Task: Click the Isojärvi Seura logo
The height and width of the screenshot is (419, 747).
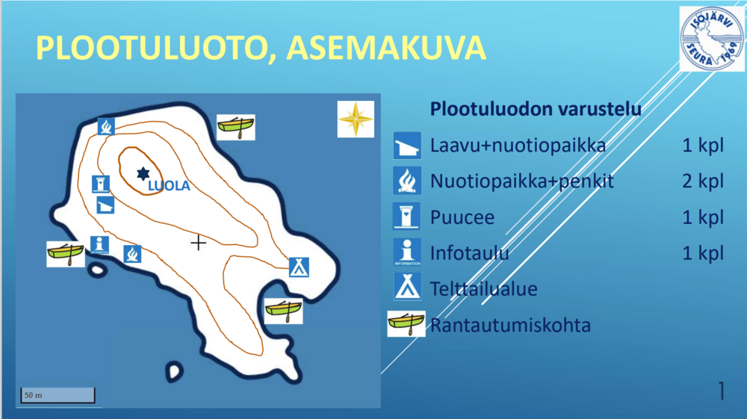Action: pos(712,39)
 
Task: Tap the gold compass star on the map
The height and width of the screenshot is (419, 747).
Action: pos(356,119)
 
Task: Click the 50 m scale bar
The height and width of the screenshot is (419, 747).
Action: pos(58,395)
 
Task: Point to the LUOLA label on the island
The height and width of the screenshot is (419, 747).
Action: pos(169,186)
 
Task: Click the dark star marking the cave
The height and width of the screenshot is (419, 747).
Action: pos(143,174)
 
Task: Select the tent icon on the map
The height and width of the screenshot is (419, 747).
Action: pos(299,267)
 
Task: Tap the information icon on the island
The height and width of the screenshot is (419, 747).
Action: pos(99,245)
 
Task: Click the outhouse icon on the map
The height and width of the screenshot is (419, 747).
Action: pos(101,184)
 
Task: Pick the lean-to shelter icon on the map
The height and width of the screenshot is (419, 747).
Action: pos(105,205)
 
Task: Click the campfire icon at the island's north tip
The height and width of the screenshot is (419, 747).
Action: pos(106,127)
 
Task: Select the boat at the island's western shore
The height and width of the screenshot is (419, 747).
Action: pos(66,254)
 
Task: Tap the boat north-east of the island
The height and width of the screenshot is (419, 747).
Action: pos(236,127)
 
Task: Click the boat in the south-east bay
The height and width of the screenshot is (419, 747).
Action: pos(283,311)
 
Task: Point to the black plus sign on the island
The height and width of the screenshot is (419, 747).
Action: pos(198,243)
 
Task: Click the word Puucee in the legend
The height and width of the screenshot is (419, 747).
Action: pos(462,217)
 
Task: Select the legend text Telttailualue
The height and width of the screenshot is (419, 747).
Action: pos(483,289)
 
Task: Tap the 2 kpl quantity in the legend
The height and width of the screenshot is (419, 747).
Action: pos(703,181)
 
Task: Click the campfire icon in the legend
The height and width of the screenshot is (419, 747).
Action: pos(407,181)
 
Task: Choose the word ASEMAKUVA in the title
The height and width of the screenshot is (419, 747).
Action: pos(386,48)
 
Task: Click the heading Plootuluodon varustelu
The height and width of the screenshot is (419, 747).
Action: pos(536,109)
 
